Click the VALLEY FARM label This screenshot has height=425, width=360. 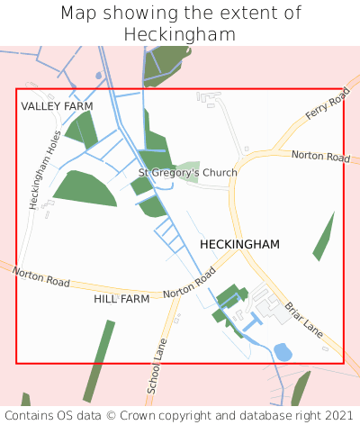(x=58, y=106)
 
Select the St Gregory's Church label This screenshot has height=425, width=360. (x=187, y=173)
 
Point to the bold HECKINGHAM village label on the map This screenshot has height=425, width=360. (x=239, y=244)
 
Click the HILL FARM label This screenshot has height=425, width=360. (x=121, y=299)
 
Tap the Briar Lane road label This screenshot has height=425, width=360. (x=303, y=319)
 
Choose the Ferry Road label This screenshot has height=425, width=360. (x=326, y=112)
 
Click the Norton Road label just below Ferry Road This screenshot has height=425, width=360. (x=321, y=158)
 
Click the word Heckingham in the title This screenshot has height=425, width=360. (x=180, y=34)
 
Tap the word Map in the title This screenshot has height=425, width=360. (x=80, y=14)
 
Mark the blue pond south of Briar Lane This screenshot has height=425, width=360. (x=283, y=352)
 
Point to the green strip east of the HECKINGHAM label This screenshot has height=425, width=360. (x=323, y=237)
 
